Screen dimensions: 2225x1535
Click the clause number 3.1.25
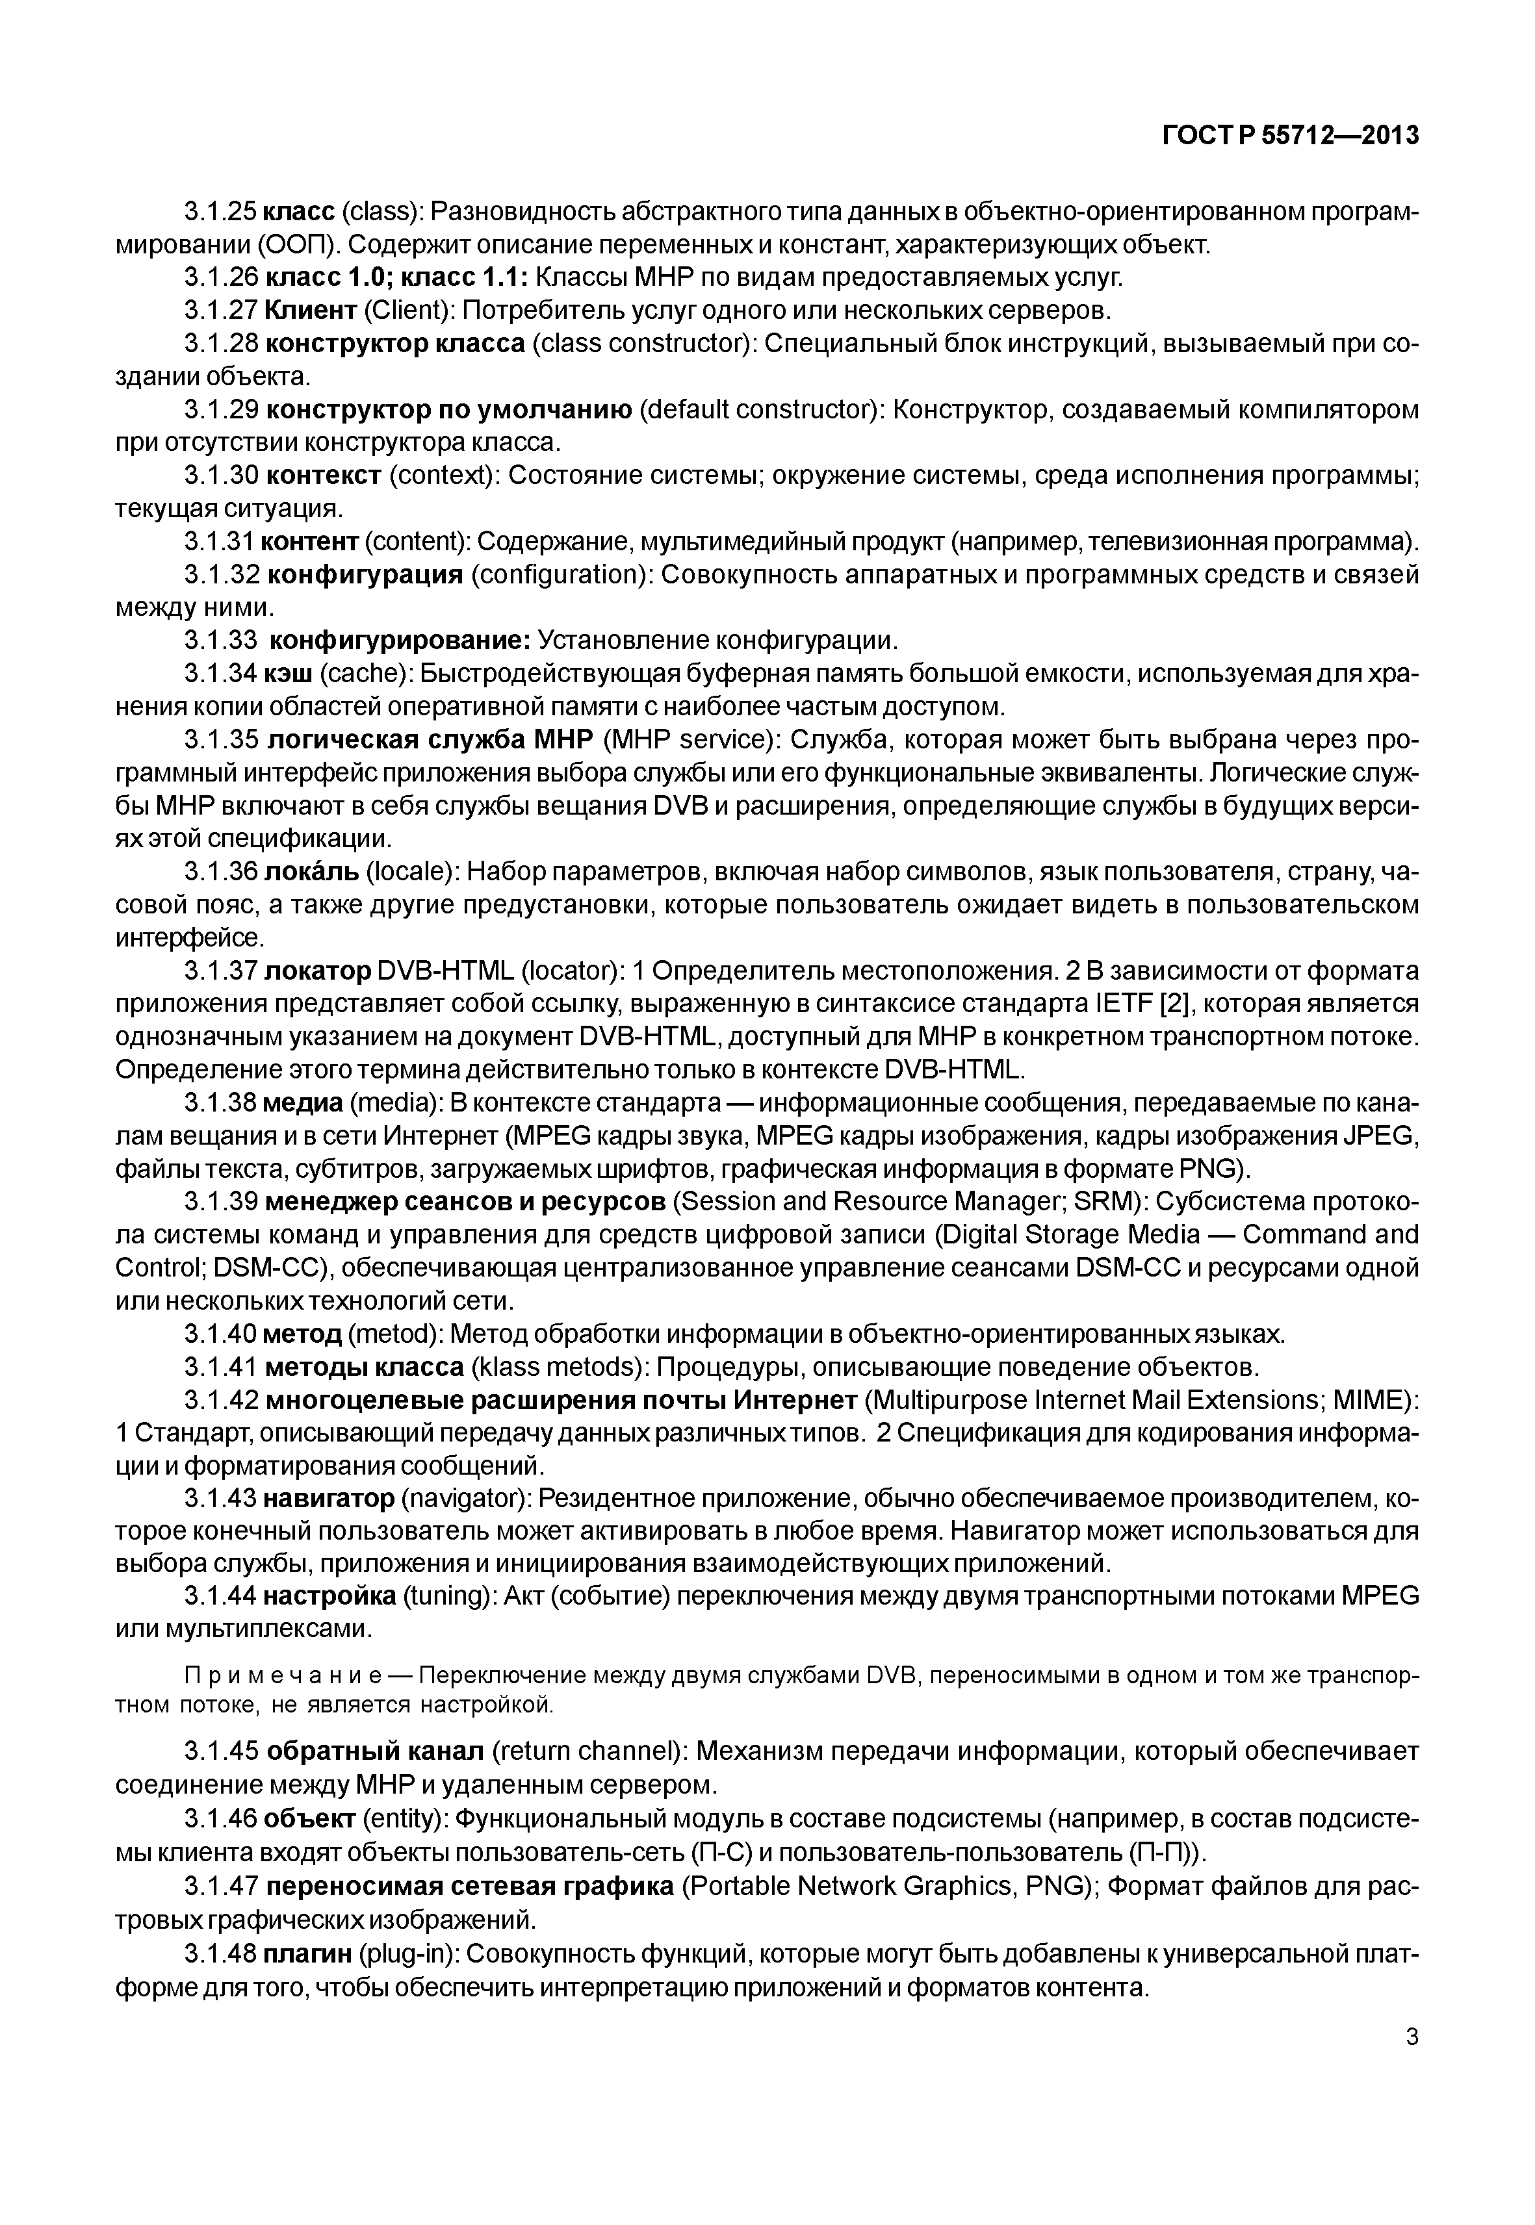tap(221, 212)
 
